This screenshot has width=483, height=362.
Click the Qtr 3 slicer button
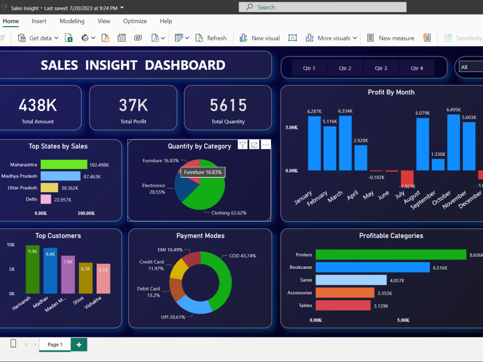(381, 68)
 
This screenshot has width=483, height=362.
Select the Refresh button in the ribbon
(211, 38)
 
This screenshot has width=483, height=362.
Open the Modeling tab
(72, 21)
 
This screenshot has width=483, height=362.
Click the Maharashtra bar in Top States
(64, 165)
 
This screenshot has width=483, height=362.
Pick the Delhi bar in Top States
(46, 199)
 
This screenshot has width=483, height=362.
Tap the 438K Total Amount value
(38, 105)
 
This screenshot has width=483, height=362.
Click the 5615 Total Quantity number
(228, 105)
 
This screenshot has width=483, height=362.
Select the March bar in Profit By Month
(345, 143)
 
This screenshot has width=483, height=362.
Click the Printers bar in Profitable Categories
(391, 254)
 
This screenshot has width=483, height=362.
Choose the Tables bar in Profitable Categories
(343, 306)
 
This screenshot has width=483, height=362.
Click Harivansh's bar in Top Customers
(33, 269)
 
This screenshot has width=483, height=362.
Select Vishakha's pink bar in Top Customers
(103, 278)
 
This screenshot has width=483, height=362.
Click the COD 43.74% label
(242, 256)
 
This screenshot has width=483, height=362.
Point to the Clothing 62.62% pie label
(229, 213)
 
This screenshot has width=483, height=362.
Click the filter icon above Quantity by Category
(243, 145)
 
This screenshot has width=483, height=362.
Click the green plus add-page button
(79, 345)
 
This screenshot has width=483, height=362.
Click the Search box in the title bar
(323, 7)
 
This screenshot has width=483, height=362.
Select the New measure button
(391, 38)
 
